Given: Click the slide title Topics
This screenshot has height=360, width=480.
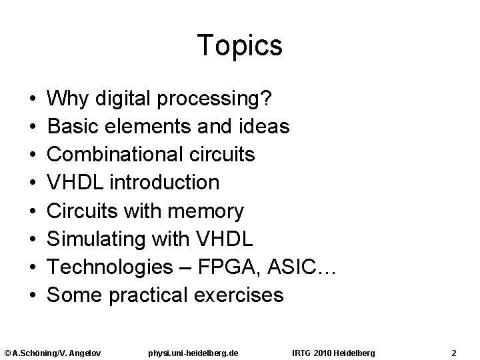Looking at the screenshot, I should (240, 46).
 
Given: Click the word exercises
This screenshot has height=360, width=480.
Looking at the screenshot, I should (245, 295).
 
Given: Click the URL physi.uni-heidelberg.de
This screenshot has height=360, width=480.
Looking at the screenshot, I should (196, 351).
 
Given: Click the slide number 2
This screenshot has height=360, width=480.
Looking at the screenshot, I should (453, 351).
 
